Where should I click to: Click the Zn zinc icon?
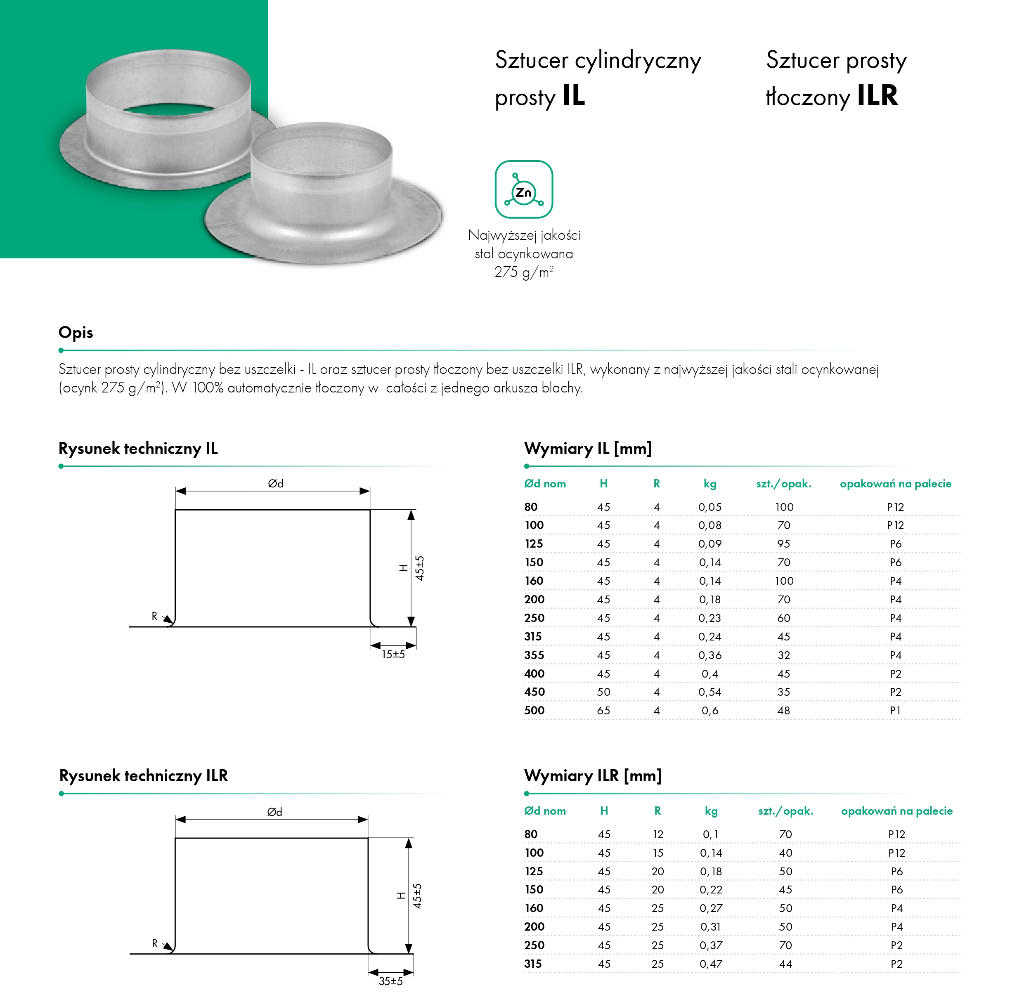(x=524, y=189)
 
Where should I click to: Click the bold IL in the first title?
(x=574, y=96)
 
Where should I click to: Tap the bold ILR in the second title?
(x=877, y=96)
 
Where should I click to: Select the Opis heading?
(x=76, y=333)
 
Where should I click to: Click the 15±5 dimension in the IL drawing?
(x=393, y=654)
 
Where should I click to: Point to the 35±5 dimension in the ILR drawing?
(x=390, y=981)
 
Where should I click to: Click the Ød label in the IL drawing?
(x=276, y=483)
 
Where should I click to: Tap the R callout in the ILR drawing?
(x=155, y=943)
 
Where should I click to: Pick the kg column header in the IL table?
(x=710, y=484)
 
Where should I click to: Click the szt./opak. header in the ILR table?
(x=785, y=811)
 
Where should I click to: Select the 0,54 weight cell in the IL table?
(x=710, y=692)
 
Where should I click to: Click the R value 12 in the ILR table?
(x=658, y=834)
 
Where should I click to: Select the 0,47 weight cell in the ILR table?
(x=711, y=964)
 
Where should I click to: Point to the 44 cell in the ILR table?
(x=785, y=964)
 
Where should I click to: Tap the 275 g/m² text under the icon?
(x=524, y=272)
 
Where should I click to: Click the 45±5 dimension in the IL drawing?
(x=419, y=568)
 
